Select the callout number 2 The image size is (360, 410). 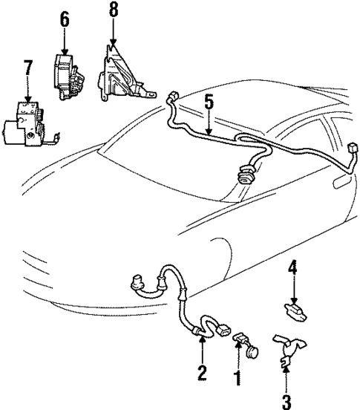pyautogui.click(x=201, y=372)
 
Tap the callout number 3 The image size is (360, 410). pyautogui.click(x=287, y=401)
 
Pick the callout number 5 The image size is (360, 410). pyautogui.click(x=209, y=102)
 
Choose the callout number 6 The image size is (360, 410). pyautogui.click(x=65, y=19)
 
